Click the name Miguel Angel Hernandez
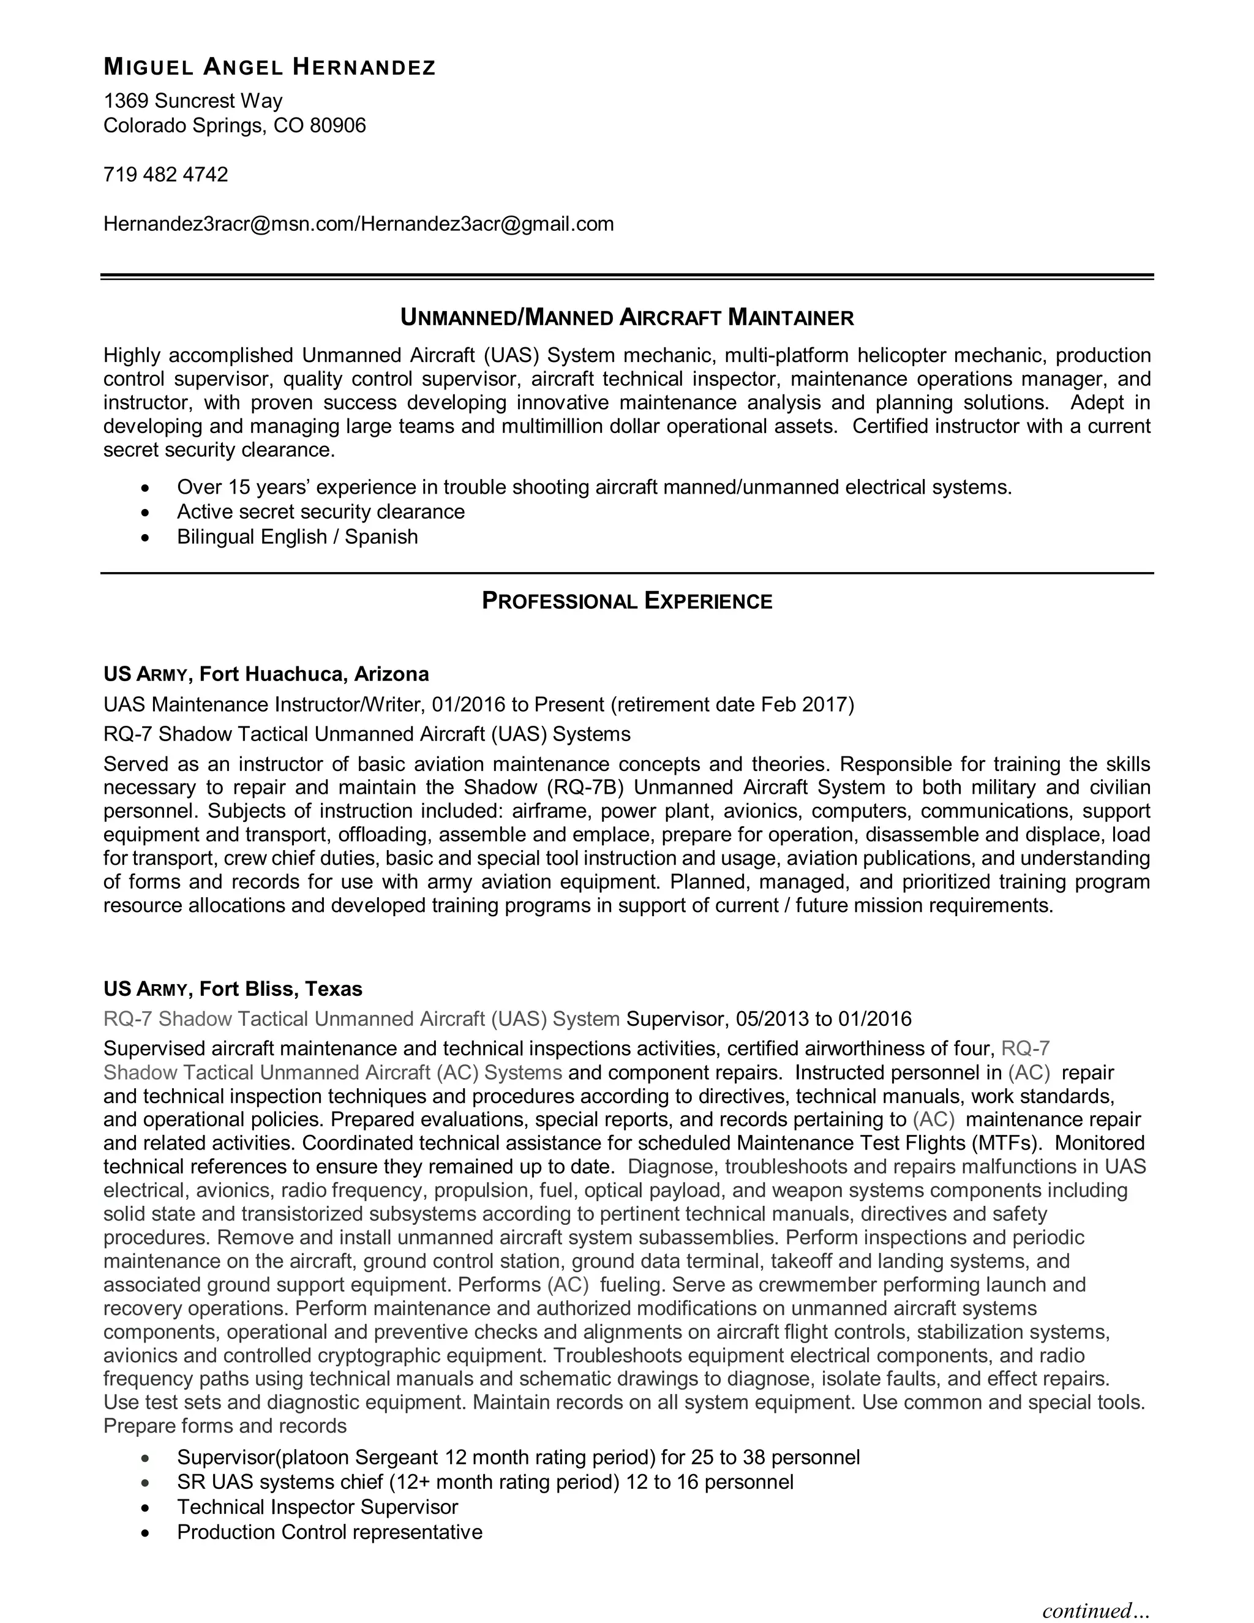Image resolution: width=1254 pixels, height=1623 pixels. (269, 67)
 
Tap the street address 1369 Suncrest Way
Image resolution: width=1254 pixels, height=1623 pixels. (192, 100)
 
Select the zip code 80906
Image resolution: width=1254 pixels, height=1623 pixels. (338, 126)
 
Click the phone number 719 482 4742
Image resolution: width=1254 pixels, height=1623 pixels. (166, 175)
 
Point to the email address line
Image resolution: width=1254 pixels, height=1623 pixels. (358, 224)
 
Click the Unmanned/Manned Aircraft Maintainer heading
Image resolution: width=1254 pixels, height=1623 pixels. (626, 318)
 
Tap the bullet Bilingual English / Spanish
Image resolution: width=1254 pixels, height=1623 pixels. (296, 537)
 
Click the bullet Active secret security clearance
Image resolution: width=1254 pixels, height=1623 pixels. (320, 512)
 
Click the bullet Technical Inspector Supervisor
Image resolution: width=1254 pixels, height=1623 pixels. (317, 1507)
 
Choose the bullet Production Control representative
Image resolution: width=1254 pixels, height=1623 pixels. (329, 1532)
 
